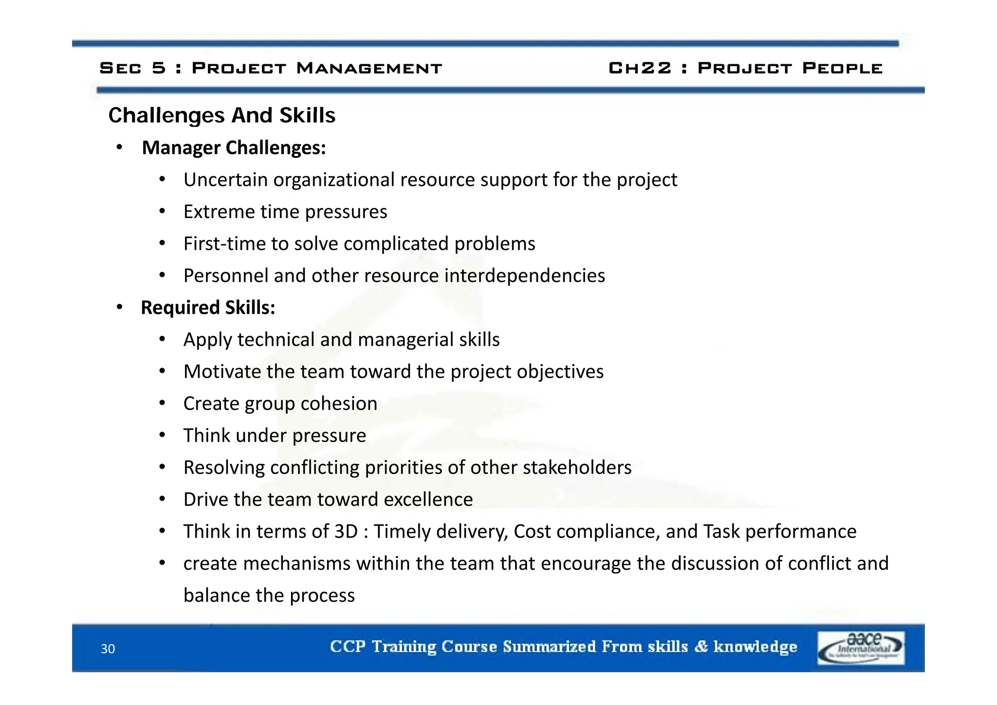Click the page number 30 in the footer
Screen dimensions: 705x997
108,649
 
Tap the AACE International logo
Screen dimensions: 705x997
861,648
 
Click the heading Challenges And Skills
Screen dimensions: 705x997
222,115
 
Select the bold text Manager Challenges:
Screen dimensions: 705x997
234,148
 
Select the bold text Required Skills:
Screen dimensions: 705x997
208,308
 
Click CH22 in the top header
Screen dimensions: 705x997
640,68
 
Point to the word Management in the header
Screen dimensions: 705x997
369,68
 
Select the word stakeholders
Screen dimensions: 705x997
577,467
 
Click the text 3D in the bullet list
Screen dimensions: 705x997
346,531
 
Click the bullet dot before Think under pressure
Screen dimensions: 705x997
163,435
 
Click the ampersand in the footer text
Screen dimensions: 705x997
701,647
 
